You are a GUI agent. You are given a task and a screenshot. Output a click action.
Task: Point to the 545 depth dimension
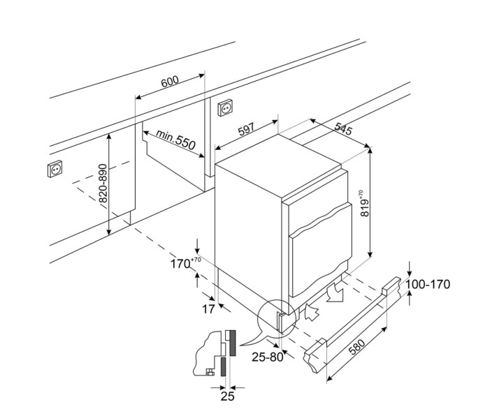[x=343, y=130]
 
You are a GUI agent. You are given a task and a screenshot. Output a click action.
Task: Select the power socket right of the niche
[x=225, y=109]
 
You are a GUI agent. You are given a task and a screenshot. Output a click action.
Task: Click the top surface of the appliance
[x=280, y=162]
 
